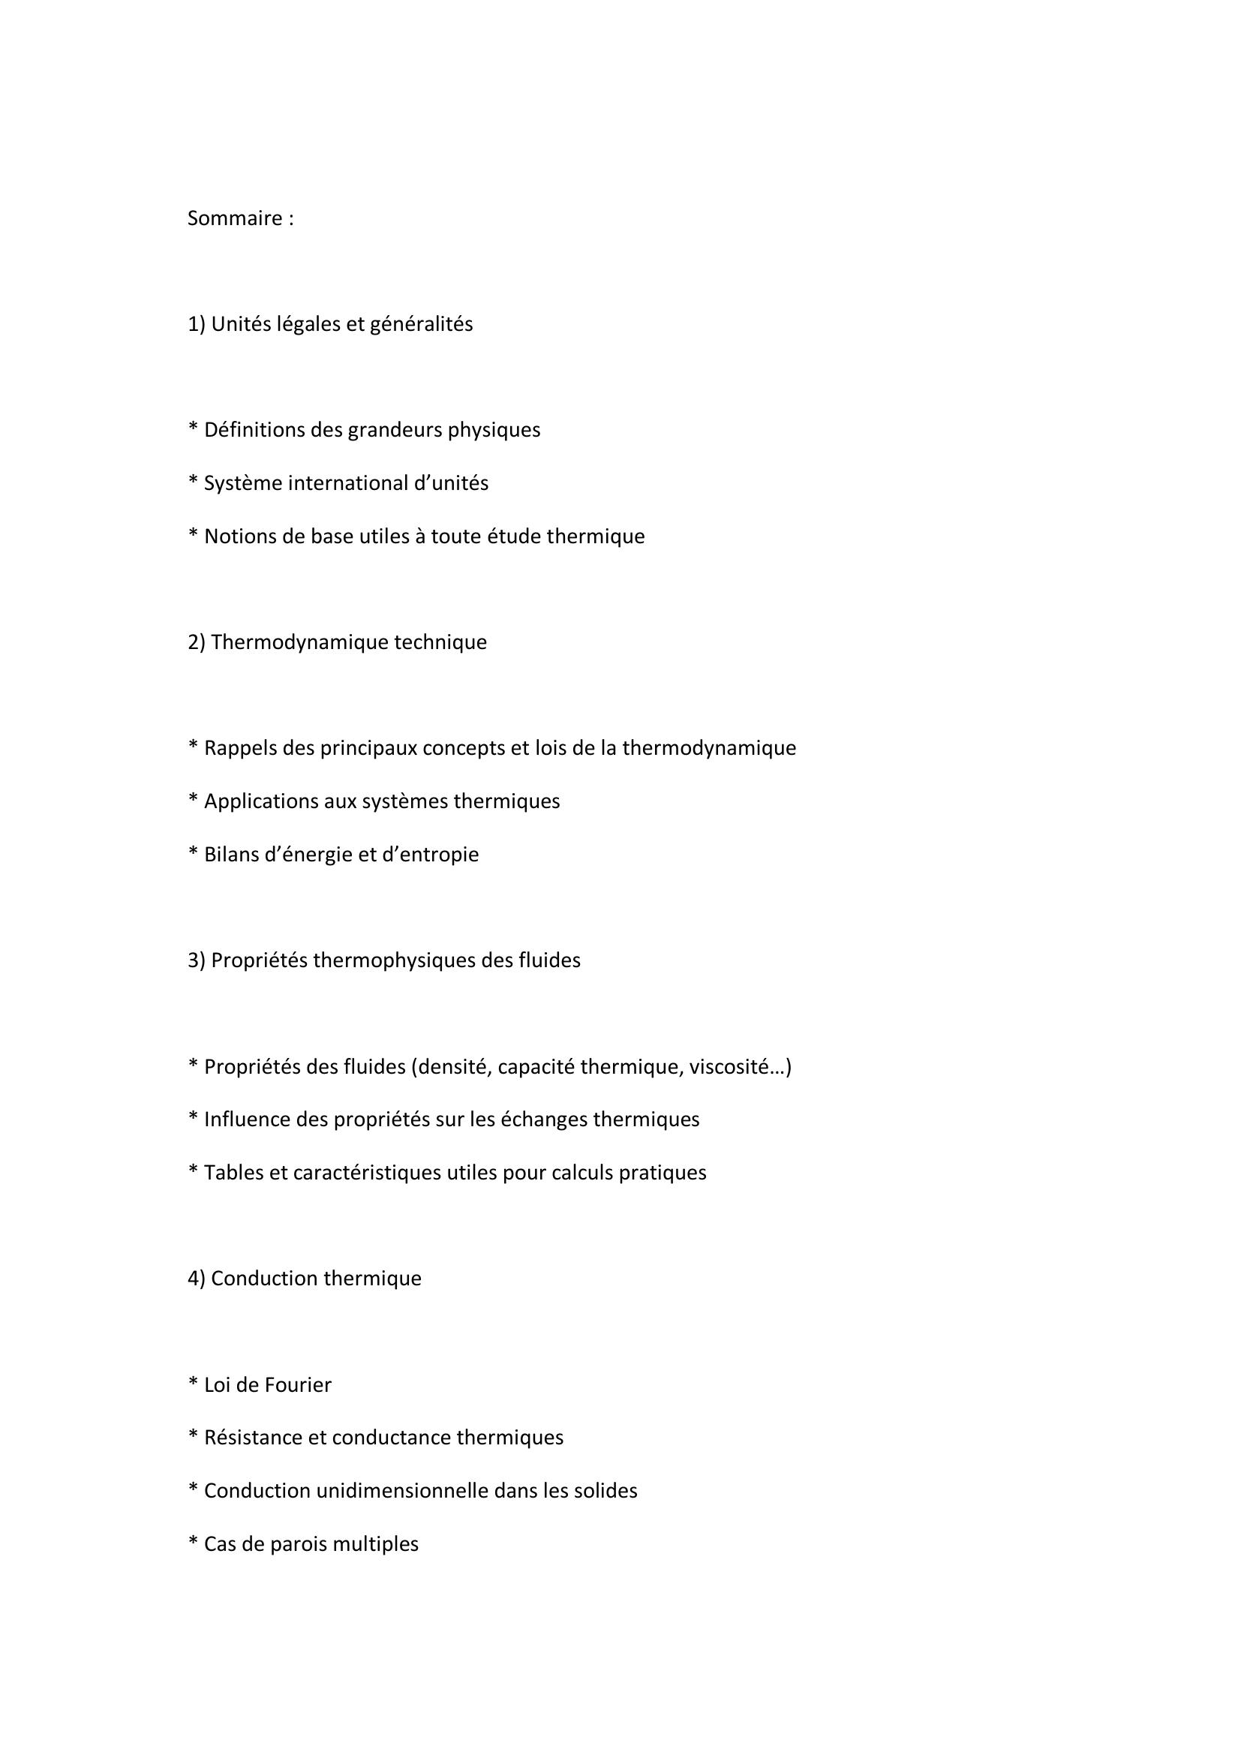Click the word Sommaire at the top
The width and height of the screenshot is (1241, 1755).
(235, 218)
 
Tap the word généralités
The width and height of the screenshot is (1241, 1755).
(421, 324)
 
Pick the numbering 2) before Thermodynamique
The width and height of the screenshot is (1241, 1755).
(197, 642)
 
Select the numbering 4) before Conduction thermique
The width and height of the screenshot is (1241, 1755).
(197, 1278)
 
